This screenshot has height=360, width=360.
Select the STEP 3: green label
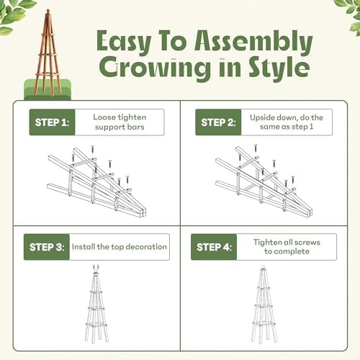click(x=46, y=247)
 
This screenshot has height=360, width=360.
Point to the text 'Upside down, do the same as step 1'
click(x=287, y=122)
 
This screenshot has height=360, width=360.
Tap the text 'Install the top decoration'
click(x=119, y=247)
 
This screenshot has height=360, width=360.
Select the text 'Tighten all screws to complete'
click(x=287, y=247)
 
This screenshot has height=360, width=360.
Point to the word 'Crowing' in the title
click(x=150, y=69)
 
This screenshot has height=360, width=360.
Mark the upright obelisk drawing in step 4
click(x=264, y=302)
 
